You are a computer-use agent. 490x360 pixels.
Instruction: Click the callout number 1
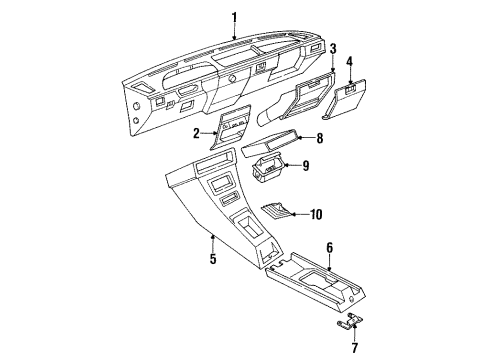[x=234, y=18]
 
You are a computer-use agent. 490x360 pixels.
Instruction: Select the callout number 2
[x=196, y=134]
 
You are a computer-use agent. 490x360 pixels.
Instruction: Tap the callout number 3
[x=333, y=49]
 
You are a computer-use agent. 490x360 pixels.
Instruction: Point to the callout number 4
[x=349, y=62]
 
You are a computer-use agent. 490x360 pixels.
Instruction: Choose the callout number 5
[x=213, y=258]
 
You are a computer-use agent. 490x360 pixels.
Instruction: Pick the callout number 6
[x=329, y=248]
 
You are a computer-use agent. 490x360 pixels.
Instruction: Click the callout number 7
[x=354, y=348]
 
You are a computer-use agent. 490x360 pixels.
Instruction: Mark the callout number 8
[x=320, y=138]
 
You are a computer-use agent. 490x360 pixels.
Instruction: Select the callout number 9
[x=306, y=165]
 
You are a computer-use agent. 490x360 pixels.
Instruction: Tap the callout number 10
[x=316, y=214]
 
